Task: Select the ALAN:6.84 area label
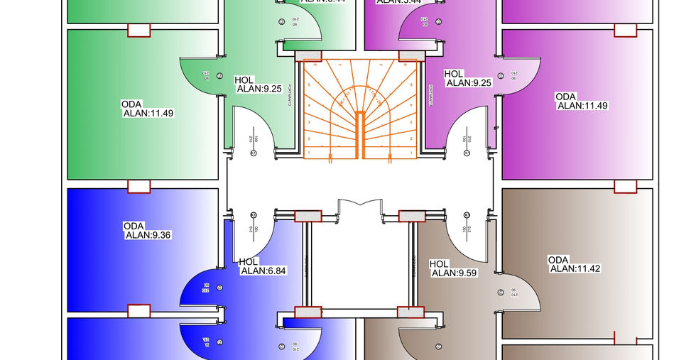(x=263, y=270)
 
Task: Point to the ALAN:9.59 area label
(x=455, y=272)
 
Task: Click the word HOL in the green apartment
(x=244, y=80)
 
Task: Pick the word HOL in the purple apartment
(x=454, y=74)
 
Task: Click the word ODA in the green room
(x=133, y=104)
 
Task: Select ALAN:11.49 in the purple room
(x=583, y=106)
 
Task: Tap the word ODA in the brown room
(x=558, y=259)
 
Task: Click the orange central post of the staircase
(x=360, y=134)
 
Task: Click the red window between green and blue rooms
(x=138, y=187)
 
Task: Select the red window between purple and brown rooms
(x=625, y=187)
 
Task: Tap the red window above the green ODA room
(x=138, y=30)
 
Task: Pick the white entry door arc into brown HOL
(x=465, y=234)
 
